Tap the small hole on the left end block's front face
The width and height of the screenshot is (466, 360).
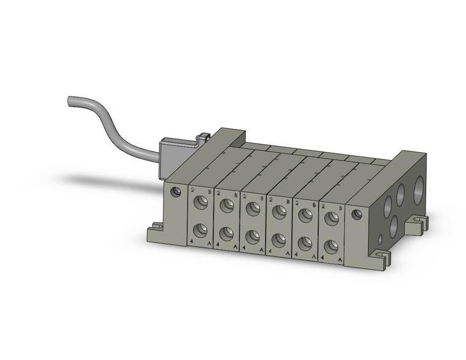pyautogui.click(x=177, y=192)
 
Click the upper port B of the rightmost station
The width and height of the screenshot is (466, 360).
pyautogui.click(x=332, y=217)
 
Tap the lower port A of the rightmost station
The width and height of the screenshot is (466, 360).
pyautogui.click(x=331, y=247)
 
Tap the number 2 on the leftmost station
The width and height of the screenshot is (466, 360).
pyautogui.click(x=192, y=191)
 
